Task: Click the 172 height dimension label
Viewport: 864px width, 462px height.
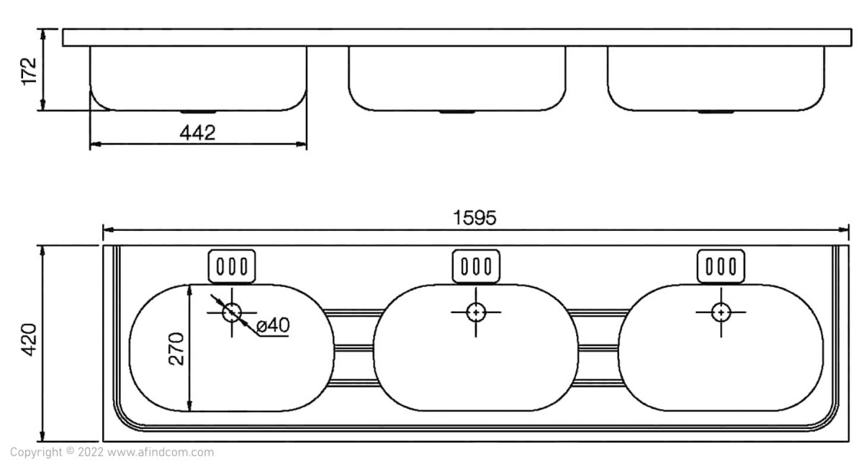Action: (30, 71)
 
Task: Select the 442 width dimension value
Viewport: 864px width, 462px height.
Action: (197, 133)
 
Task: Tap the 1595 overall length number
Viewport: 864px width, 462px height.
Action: (474, 218)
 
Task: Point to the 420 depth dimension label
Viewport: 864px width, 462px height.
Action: (29, 340)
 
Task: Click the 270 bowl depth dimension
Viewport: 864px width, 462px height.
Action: (176, 349)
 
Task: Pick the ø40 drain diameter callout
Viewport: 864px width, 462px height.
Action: (273, 325)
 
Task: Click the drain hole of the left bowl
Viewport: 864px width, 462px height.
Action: (232, 312)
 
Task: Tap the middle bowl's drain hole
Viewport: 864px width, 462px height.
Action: (476, 312)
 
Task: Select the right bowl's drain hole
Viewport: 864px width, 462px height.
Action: (721, 312)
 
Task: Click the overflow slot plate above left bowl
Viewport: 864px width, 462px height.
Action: (232, 266)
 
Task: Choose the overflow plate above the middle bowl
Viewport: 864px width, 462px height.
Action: (477, 266)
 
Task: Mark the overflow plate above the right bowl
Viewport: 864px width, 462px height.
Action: (721, 266)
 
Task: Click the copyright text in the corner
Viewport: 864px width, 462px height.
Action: (112, 452)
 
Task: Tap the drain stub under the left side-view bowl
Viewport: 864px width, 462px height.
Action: (199, 112)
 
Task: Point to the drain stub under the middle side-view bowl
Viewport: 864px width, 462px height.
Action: (457, 112)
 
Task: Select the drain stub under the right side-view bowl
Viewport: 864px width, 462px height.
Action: (716, 112)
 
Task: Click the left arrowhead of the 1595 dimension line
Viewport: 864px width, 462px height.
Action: (109, 230)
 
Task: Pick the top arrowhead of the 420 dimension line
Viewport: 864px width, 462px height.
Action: (42, 250)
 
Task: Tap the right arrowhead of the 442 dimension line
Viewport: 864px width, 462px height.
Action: (301, 144)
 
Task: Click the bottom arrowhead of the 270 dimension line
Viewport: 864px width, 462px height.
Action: (189, 406)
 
